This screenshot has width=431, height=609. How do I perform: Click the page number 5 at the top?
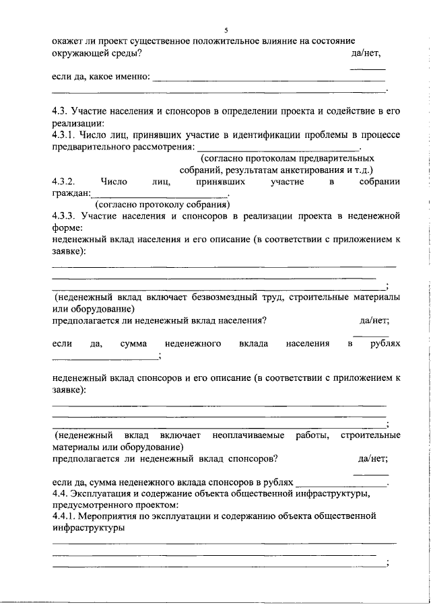tap(226, 30)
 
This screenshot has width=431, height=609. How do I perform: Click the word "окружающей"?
tap(79, 53)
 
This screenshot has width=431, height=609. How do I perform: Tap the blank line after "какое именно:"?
tap(269, 79)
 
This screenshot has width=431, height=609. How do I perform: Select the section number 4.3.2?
tap(66, 182)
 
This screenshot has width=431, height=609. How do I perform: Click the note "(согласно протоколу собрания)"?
tap(162, 205)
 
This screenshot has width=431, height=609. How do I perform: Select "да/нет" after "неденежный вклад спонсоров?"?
tap(373, 459)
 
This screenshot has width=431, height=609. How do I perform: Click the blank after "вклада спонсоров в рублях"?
tap(341, 485)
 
